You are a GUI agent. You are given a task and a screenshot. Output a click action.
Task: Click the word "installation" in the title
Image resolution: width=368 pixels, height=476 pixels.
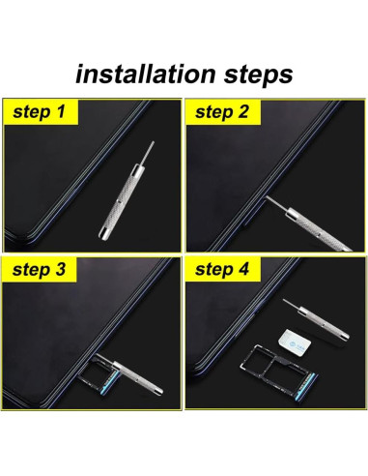(145, 74)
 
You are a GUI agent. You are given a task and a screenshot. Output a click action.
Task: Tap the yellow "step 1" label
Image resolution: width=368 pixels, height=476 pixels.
(41, 111)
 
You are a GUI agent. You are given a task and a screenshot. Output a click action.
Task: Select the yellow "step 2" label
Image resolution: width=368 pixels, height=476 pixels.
(222, 111)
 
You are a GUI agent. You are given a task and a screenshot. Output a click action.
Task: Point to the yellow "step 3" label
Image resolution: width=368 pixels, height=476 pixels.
(40, 270)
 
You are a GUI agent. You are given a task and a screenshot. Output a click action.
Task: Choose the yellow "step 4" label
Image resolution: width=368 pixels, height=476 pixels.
(222, 270)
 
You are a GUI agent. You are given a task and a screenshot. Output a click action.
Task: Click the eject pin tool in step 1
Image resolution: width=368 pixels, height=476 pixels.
(127, 192)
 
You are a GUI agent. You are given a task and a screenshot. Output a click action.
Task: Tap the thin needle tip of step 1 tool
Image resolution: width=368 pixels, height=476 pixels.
(153, 143)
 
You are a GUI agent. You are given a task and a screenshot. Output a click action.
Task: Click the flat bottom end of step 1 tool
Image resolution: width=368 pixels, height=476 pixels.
(103, 235)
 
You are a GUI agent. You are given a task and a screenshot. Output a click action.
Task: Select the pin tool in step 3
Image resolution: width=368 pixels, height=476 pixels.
(133, 374)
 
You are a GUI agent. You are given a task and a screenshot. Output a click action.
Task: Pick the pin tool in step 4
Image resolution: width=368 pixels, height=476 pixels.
(316, 319)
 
